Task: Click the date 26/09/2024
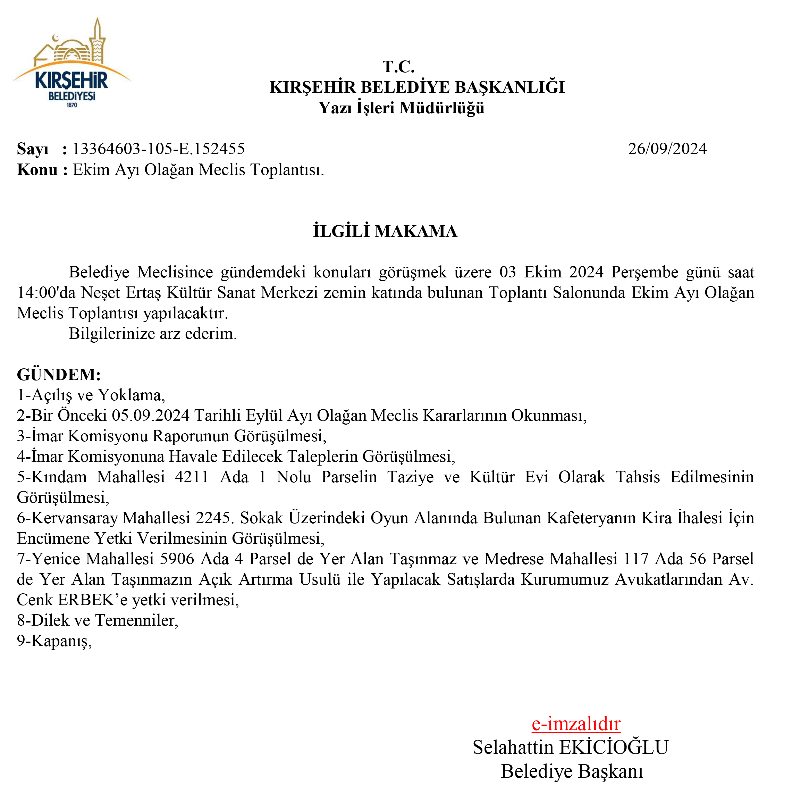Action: pyautogui.click(x=667, y=149)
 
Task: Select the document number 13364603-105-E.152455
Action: pyautogui.click(x=158, y=149)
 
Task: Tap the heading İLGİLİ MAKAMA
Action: pyautogui.click(x=385, y=231)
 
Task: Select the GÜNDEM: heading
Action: pyautogui.click(x=59, y=374)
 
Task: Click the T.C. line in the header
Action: pyautogui.click(x=398, y=67)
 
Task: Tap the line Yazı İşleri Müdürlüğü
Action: pyautogui.click(x=401, y=108)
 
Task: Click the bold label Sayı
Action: pyautogui.click(x=33, y=149)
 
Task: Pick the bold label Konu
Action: pyautogui.click(x=37, y=170)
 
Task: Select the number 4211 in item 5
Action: pyautogui.click(x=192, y=477)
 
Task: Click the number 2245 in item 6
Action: pyautogui.click(x=213, y=518)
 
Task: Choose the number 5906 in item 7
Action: pyautogui.click(x=178, y=559)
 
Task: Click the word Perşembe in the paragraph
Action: pyautogui.click(x=644, y=272)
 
